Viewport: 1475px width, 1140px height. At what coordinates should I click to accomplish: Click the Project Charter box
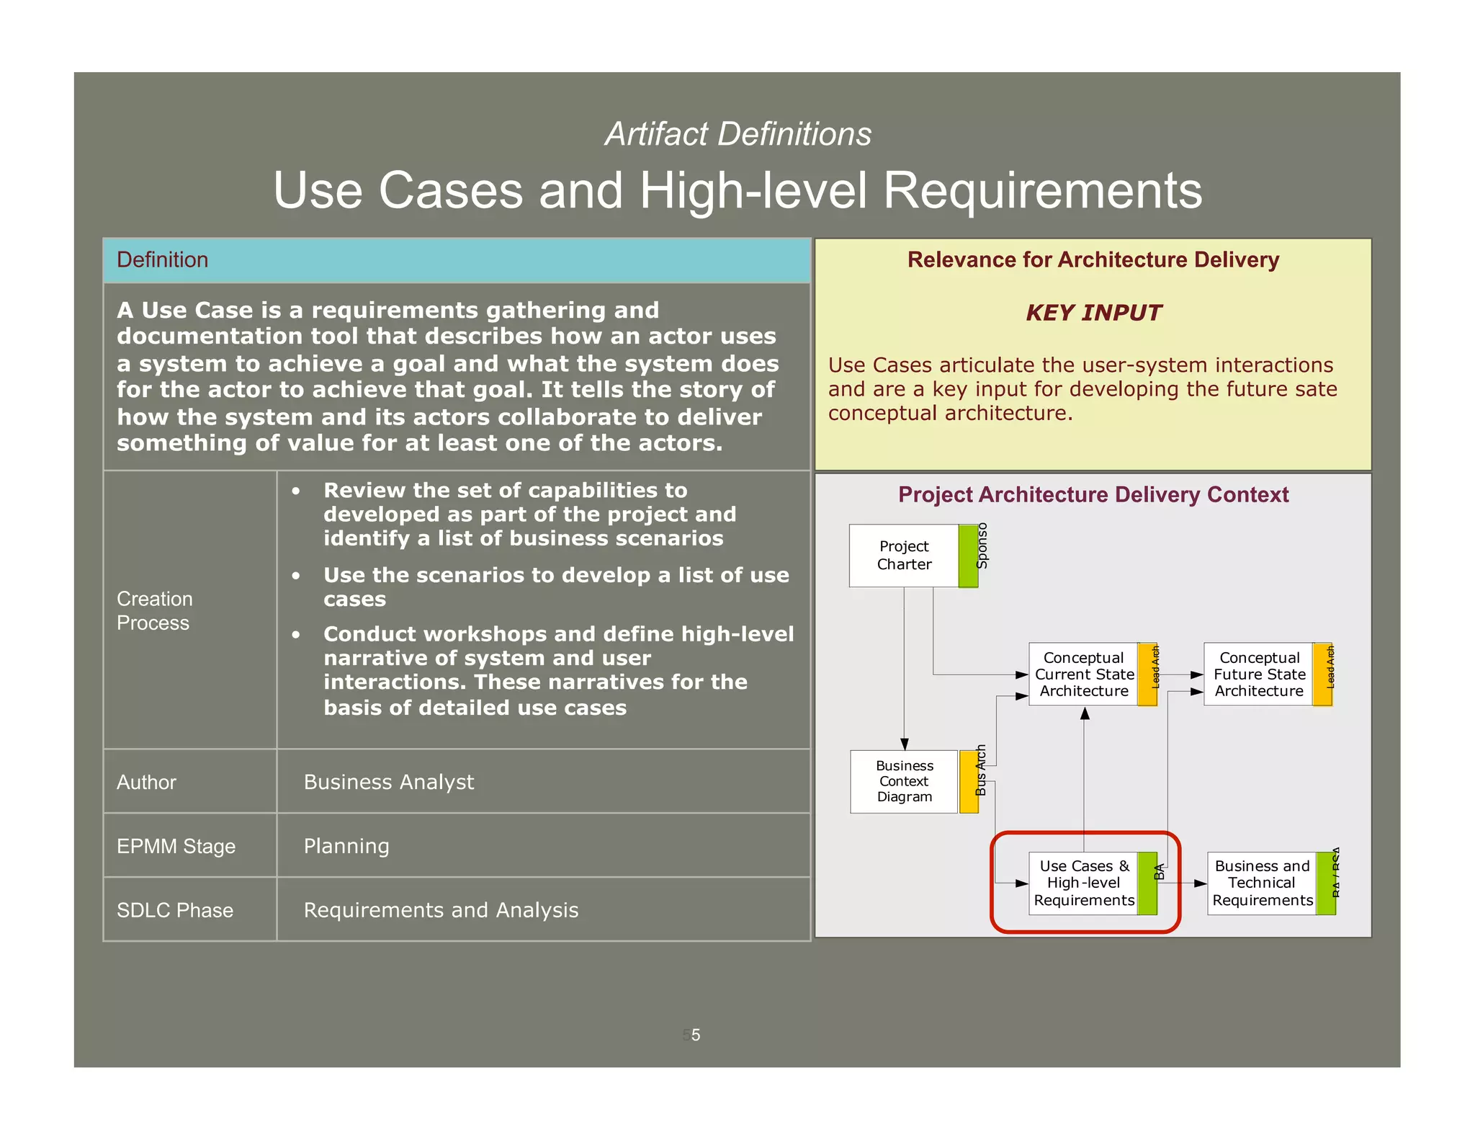click(903, 556)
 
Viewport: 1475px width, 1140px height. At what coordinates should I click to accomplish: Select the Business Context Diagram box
click(904, 781)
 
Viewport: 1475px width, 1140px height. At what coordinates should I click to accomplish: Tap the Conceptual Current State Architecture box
click(1083, 674)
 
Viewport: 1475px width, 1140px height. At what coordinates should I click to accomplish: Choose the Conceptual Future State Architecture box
click(1258, 674)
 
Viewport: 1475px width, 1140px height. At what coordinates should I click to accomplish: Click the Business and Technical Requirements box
click(1261, 883)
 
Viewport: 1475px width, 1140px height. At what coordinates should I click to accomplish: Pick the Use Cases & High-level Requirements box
click(1083, 883)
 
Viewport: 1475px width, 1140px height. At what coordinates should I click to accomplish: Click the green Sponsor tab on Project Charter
click(968, 556)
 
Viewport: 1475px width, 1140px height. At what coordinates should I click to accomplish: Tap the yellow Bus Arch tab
click(969, 781)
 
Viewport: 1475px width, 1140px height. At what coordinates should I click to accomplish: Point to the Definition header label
click(162, 259)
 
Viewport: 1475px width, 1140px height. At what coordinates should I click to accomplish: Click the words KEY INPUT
click(1093, 313)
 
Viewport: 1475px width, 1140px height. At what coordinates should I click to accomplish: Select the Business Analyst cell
click(389, 782)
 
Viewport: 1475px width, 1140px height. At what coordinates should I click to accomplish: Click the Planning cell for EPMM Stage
click(346, 846)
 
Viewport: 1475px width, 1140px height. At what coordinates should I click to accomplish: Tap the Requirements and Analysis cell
click(441, 910)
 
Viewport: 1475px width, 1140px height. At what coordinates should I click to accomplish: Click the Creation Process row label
click(154, 610)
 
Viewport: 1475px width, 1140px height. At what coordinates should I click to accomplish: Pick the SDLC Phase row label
click(175, 910)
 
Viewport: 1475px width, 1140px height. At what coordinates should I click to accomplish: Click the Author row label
click(146, 782)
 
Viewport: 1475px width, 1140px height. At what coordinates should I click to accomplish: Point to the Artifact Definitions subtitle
click(737, 134)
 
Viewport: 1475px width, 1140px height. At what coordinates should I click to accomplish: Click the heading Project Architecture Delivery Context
click(1093, 494)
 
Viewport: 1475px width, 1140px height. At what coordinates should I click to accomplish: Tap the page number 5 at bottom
click(695, 1035)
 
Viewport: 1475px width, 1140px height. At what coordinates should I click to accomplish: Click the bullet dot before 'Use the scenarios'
click(296, 576)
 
